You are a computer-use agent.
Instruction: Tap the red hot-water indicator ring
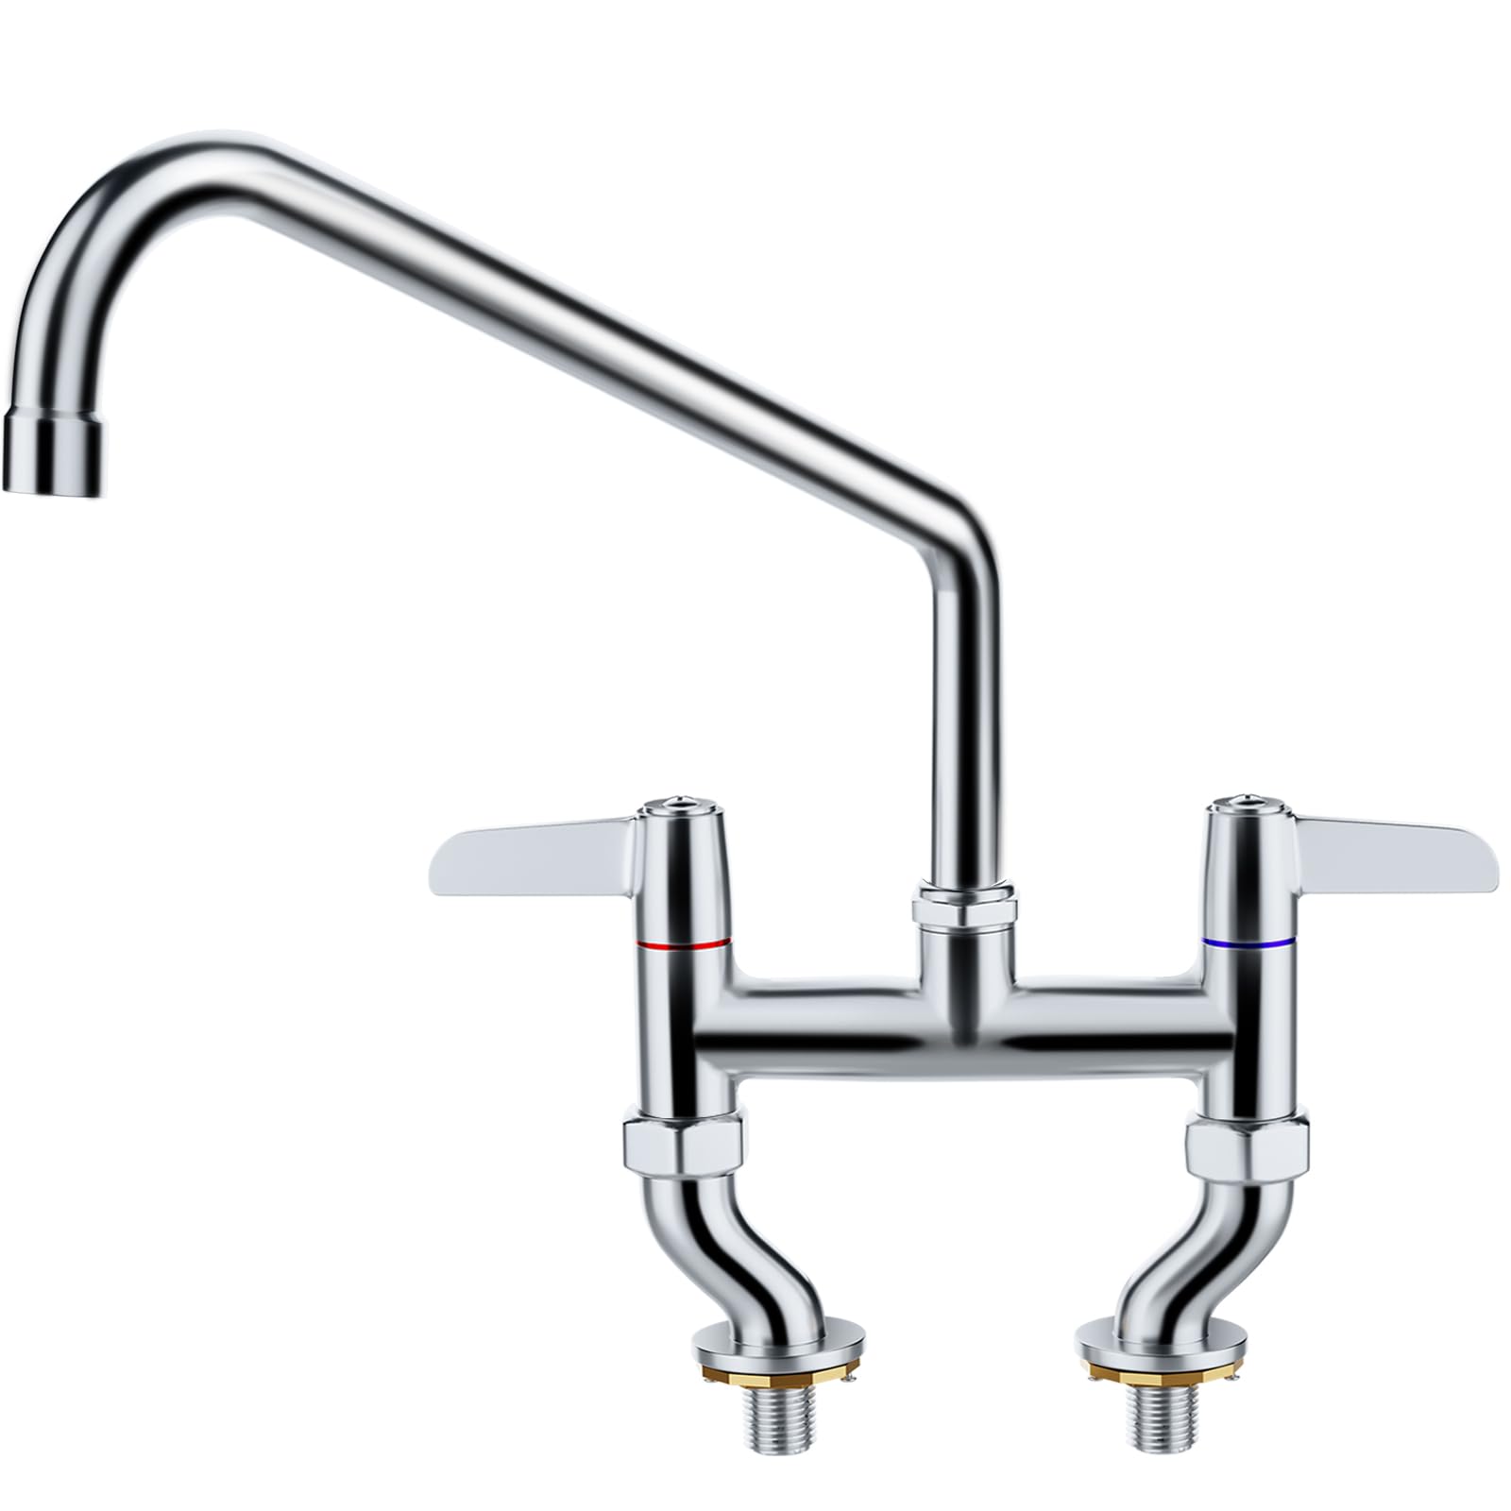(683, 943)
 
